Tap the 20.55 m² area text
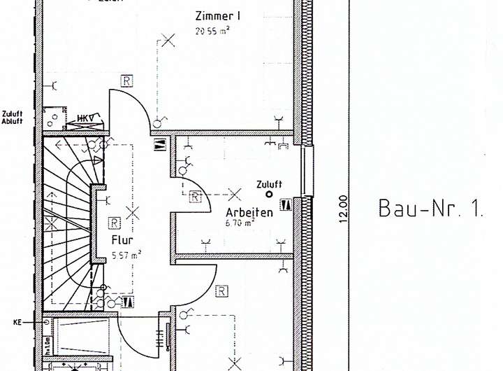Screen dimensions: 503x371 pyautogui.click(x=213, y=30)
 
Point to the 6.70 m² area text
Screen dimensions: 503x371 pyautogui.click(x=240, y=223)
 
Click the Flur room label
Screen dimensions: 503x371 pyautogui.click(x=122, y=239)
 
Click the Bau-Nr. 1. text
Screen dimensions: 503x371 pyautogui.click(x=430, y=208)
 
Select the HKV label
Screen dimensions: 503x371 pyautogui.click(x=85, y=118)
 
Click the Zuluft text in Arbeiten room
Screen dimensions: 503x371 pyautogui.click(x=269, y=184)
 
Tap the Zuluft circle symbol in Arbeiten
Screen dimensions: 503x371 pyautogui.click(x=268, y=195)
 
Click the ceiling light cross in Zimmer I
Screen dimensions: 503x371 pyautogui.click(x=168, y=40)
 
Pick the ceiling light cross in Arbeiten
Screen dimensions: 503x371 pyautogui.click(x=235, y=193)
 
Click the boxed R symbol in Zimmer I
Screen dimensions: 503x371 pyautogui.click(x=126, y=80)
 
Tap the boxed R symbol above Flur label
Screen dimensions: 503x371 pyautogui.click(x=114, y=223)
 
